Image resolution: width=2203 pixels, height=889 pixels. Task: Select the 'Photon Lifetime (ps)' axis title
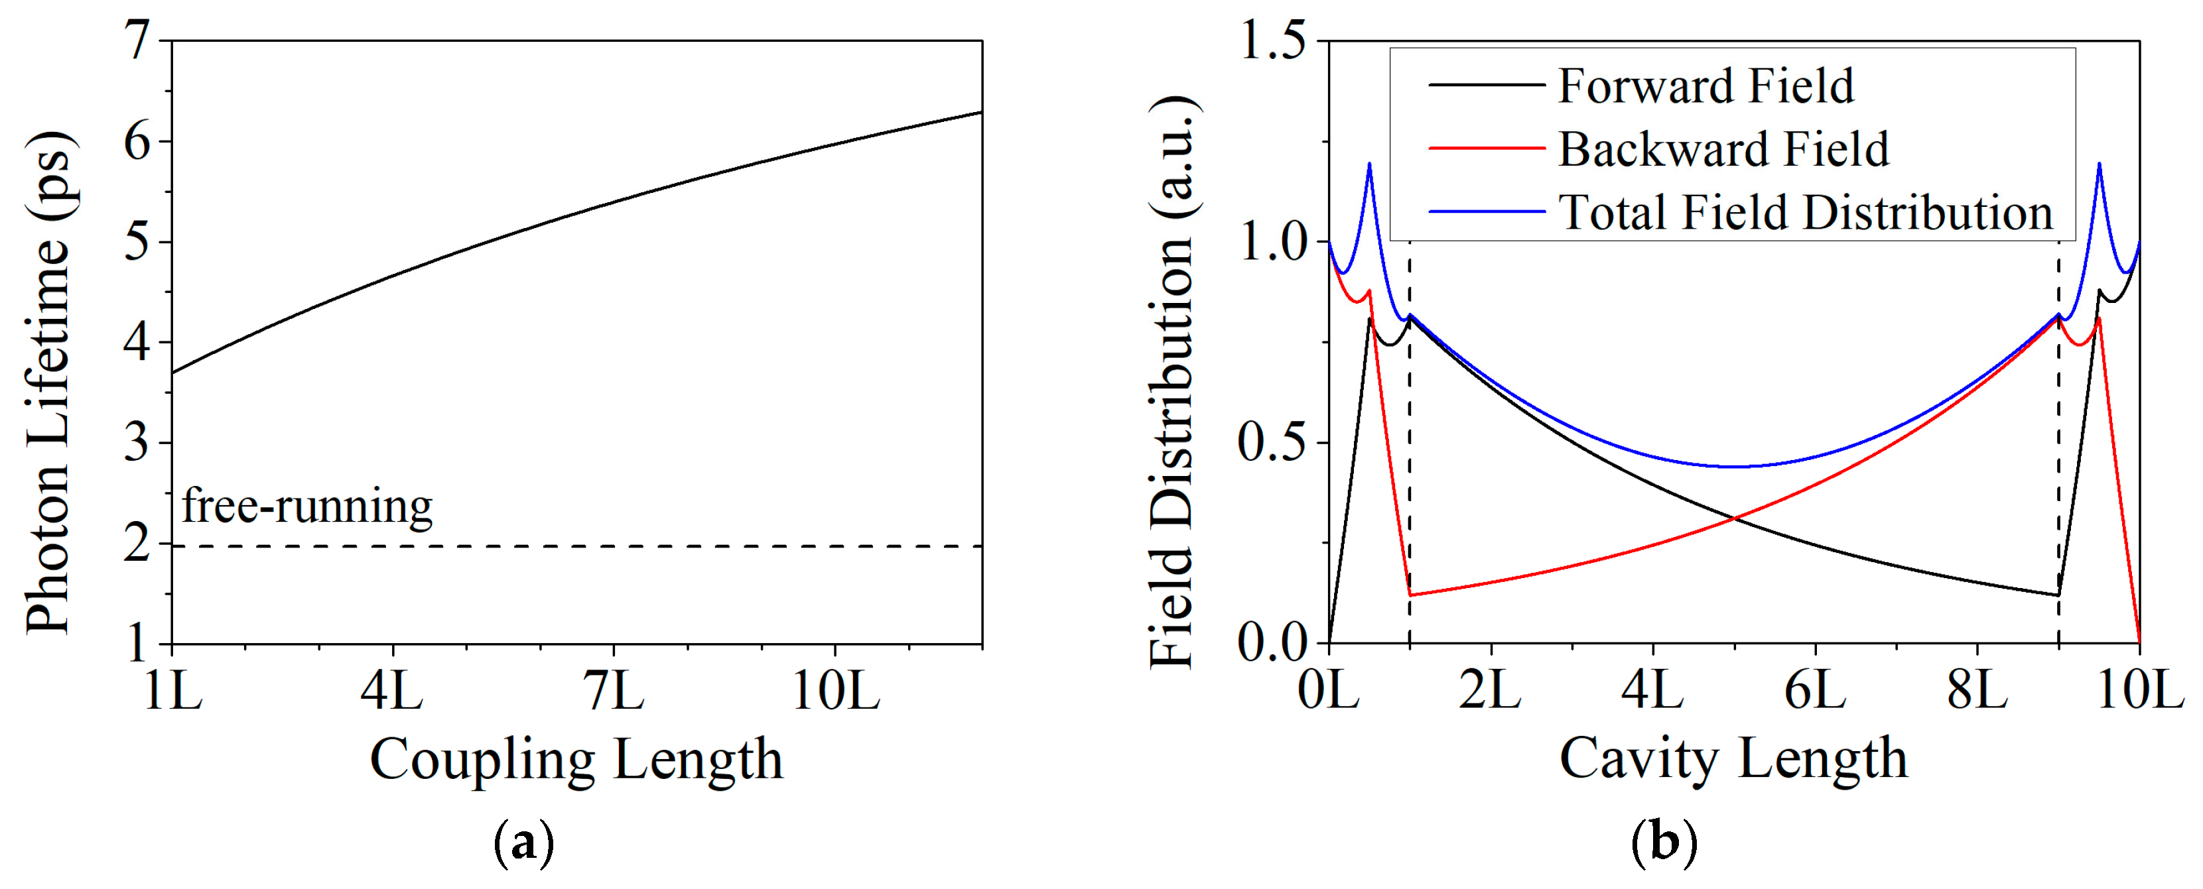point(48,382)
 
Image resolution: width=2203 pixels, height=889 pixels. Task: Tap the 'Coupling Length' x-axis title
point(576,759)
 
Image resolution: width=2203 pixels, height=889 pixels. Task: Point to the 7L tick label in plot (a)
point(614,691)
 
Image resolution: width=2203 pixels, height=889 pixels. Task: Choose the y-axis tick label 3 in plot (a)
point(137,443)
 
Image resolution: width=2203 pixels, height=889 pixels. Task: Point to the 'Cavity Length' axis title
point(1733,759)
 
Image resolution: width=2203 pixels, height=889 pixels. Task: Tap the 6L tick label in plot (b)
point(1815,691)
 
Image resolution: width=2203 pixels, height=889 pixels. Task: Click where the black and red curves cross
point(1733,518)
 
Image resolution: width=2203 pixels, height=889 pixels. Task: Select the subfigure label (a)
point(523,845)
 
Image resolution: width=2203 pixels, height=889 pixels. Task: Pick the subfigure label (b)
point(1664,845)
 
